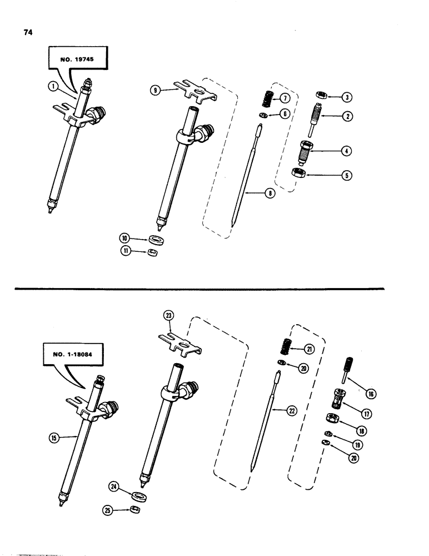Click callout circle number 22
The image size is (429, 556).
point(292,410)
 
